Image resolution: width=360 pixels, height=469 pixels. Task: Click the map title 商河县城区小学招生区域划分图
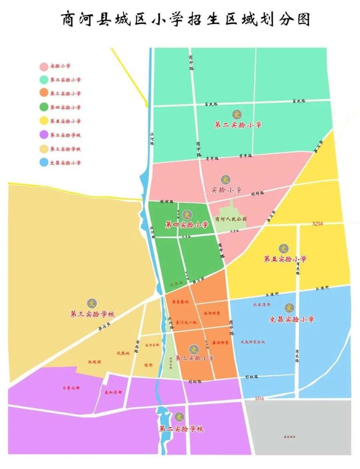tap(186, 20)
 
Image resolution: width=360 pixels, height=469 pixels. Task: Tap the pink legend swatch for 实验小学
tap(44, 66)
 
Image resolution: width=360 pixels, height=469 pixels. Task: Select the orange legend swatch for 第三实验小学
tap(44, 93)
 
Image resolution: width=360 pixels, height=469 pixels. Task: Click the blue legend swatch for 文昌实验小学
tap(44, 163)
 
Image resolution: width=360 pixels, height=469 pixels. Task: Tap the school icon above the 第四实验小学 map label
tap(187, 215)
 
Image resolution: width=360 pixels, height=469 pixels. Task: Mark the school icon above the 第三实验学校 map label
tap(92, 303)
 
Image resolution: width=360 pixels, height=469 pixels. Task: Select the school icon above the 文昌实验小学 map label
tap(290, 308)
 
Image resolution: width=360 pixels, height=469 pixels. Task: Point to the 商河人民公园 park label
tap(230, 219)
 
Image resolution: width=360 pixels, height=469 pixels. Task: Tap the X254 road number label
tap(318, 224)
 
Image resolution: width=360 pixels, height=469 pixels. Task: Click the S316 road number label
tap(260, 399)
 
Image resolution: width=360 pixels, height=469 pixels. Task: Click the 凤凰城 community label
tap(122, 353)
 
